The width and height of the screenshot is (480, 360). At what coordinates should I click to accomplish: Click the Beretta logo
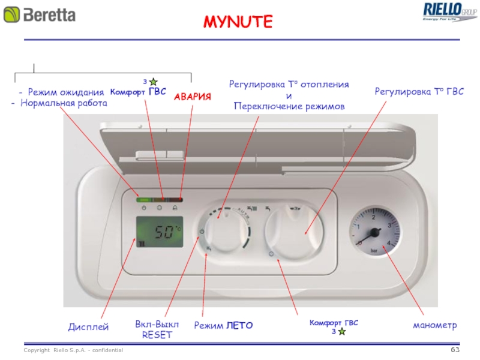click(x=41, y=14)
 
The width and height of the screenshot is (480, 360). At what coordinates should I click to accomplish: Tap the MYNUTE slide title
click(x=238, y=23)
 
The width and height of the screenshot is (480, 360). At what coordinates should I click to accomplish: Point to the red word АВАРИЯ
click(x=193, y=96)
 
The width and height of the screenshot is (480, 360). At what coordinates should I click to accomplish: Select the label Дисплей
click(x=88, y=327)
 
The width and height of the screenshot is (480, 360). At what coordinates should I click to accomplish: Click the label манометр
click(x=434, y=325)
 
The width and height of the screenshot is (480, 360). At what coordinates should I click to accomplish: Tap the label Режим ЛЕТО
click(x=223, y=325)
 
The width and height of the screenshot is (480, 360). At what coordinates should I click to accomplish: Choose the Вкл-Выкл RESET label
click(x=157, y=329)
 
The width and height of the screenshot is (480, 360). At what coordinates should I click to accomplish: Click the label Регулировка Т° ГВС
click(x=419, y=91)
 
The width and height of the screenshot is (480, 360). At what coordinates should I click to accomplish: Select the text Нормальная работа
click(x=63, y=103)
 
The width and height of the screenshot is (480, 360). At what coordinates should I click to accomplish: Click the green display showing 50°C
click(x=159, y=232)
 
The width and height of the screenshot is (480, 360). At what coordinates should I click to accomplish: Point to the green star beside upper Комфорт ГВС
click(x=153, y=81)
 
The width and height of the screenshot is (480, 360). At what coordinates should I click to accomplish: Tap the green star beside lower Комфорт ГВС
click(x=341, y=331)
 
